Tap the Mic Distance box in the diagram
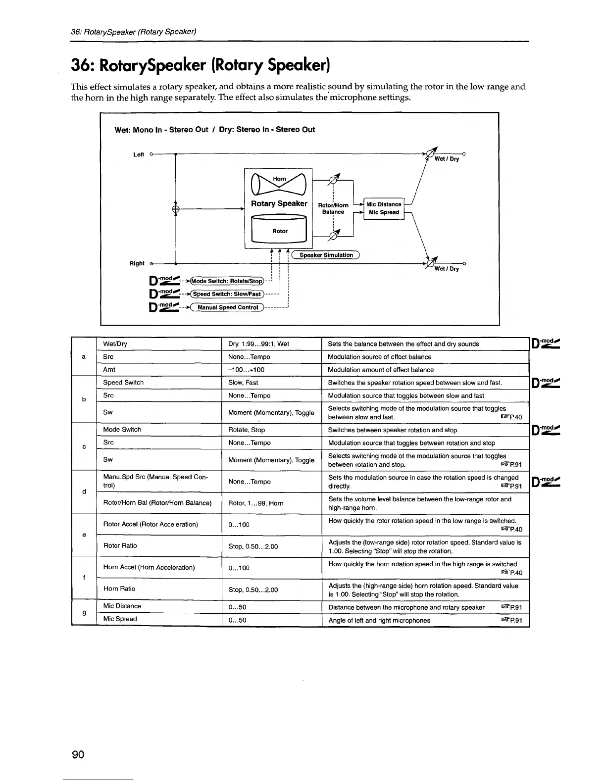pos(384,204)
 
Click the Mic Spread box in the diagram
pos(384,212)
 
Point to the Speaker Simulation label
pos(326,255)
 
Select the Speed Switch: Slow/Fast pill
pos(227,294)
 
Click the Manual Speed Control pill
pos(228,307)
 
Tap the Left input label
pos(139,155)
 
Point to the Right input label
pos(137,264)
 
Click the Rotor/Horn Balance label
pos(333,208)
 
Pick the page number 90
pos(78,755)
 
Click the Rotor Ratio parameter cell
pos(120,545)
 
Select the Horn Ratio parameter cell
pos(119,588)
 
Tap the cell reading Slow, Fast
pos(243,383)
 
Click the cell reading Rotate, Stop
pos(247,430)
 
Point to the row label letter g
pos(84,613)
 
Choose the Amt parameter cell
pos(109,370)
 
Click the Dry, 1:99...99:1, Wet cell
pos(258,344)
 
